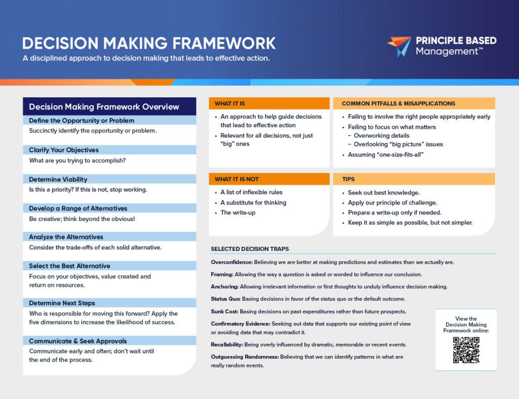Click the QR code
click(466, 350)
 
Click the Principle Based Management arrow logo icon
click(399, 46)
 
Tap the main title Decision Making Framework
click(149, 44)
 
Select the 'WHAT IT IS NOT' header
click(237, 179)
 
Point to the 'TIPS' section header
click(348, 179)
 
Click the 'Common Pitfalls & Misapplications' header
click(398, 103)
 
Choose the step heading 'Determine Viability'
click(58, 179)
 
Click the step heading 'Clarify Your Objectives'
click(64, 150)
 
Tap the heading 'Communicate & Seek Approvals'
click(78, 341)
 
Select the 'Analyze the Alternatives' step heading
click(66, 237)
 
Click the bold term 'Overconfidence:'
click(232, 262)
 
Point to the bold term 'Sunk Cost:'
click(225, 312)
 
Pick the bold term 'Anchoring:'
click(225, 287)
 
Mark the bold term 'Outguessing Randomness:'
click(245, 357)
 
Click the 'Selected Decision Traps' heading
click(250, 249)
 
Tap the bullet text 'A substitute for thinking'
click(253, 203)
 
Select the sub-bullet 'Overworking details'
click(382, 136)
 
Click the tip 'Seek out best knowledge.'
click(384, 193)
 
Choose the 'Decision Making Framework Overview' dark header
click(104, 106)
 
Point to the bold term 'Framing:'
click(222, 274)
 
